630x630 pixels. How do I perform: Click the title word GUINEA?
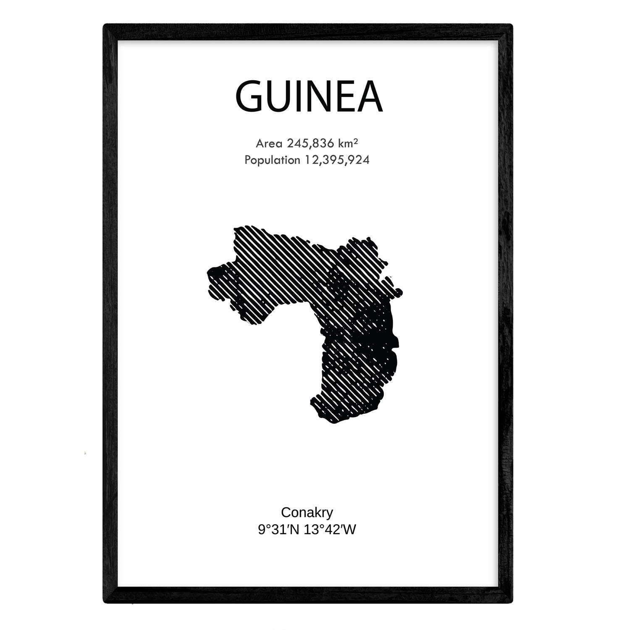[309, 97]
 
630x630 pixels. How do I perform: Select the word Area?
[269, 144]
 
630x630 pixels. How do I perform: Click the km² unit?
[348, 144]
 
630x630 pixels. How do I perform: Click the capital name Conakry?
[307, 512]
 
